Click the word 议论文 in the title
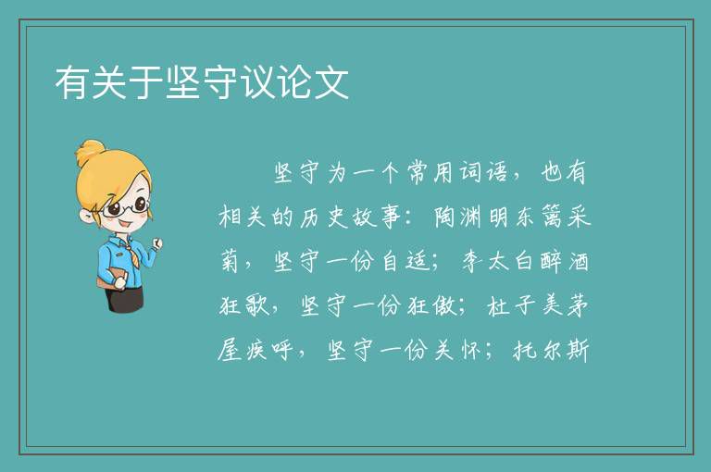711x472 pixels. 294,82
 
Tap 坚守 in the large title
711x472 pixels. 202,82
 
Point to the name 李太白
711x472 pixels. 498,261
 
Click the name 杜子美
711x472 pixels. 525,305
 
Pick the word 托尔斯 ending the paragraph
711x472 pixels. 551,350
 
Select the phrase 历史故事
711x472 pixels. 350,217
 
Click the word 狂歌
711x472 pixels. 244,305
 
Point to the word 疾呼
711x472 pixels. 270,350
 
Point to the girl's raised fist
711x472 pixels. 156,243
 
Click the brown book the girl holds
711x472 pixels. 111,278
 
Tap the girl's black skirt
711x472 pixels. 124,298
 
